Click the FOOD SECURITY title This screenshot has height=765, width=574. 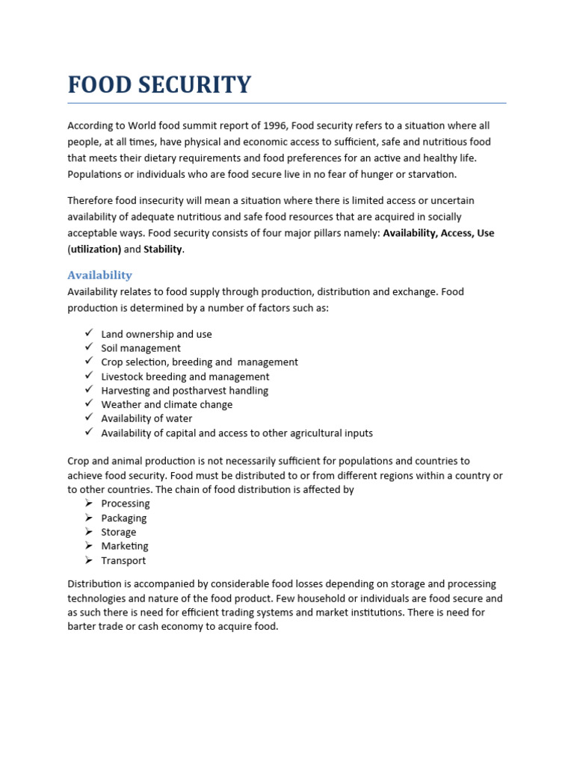(x=159, y=84)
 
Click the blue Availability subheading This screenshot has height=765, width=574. (x=99, y=275)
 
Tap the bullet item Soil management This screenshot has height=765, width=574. (x=141, y=348)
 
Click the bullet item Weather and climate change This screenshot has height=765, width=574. (x=167, y=404)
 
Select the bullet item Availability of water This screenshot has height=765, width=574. (x=146, y=418)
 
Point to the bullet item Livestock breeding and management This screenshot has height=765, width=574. (x=185, y=377)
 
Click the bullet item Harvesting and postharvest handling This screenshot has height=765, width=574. (x=184, y=391)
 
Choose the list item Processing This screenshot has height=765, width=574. (x=126, y=504)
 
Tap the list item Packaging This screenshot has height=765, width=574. (x=124, y=518)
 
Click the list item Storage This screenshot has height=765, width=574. (x=119, y=532)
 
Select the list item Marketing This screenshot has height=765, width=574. (x=125, y=546)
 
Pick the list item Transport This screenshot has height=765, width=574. (x=123, y=560)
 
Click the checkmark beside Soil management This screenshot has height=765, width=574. (x=88, y=347)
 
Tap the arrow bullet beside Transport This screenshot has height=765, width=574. (x=88, y=560)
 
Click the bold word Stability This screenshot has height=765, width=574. (x=162, y=250)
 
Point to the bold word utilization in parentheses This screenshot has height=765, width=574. (x=96, y=250)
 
